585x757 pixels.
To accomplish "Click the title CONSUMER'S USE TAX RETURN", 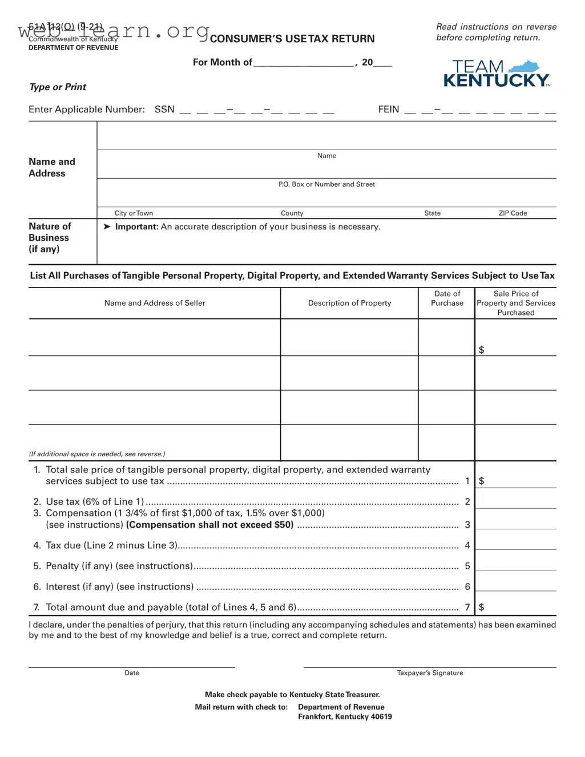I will [292, 39].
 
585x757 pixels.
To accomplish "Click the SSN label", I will [164, 110].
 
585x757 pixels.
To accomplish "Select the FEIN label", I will [389, 110].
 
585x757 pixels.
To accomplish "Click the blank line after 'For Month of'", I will [304, 62].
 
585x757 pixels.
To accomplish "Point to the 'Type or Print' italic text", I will [58, 87].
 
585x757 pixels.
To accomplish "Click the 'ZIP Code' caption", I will [513, 213].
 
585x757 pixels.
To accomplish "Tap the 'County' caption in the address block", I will [292, 213].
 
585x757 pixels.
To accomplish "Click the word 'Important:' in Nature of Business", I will [136, 227].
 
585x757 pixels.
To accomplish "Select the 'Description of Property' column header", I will [349, 303].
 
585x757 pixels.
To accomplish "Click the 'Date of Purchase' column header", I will [447, 298].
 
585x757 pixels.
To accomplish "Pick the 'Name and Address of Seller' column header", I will [155, 303].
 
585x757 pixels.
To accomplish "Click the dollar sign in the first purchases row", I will [481, 350].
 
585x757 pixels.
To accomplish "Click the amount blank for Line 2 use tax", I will [515, 501].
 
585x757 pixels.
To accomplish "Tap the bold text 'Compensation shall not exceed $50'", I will [210, 525].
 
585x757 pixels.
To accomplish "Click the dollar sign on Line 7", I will [481, 607].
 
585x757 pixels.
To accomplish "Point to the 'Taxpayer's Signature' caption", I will [430, 673].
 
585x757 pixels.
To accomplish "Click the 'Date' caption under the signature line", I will [132, 673].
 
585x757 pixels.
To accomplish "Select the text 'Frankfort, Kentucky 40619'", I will [345, 717].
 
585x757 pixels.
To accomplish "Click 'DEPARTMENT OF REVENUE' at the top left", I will [74, 48].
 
